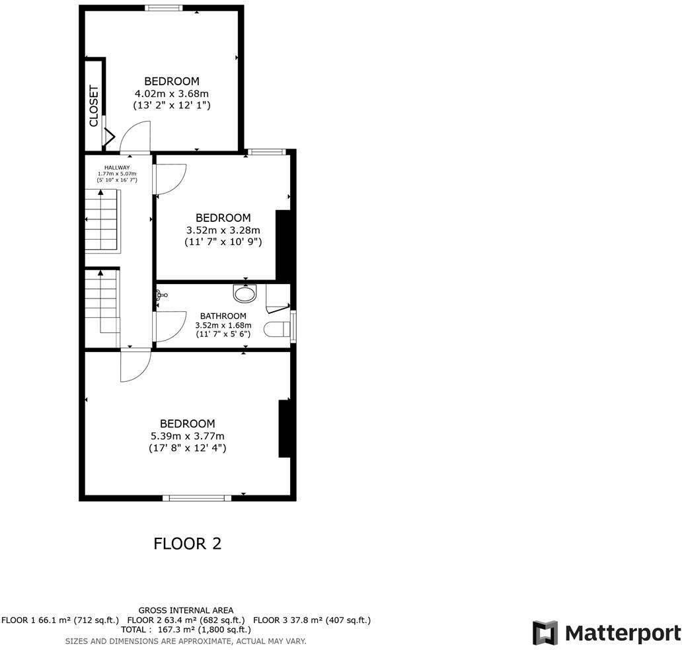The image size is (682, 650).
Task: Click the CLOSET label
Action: [94, 106]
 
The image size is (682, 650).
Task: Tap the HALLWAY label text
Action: [117, 168]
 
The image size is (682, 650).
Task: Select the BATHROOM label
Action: [223, 316]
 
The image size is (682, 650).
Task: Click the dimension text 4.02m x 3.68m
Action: [172, 93]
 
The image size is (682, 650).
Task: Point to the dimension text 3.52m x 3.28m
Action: [223, 230]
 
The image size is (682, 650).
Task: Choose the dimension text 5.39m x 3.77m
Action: [188, 436]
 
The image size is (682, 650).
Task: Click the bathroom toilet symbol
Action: [276, 328]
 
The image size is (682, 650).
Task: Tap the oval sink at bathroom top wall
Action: [245, 293]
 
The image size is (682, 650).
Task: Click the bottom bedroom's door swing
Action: [135, 366]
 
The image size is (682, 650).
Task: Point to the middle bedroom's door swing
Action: [170, 179]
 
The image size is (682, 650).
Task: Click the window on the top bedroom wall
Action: [163, 9]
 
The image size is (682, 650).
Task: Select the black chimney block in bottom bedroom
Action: [284, 428]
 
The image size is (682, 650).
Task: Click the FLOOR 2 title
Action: [187, 544]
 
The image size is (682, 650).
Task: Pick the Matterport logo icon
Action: [545, 633]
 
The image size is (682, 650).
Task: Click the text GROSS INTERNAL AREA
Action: [186, 610]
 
